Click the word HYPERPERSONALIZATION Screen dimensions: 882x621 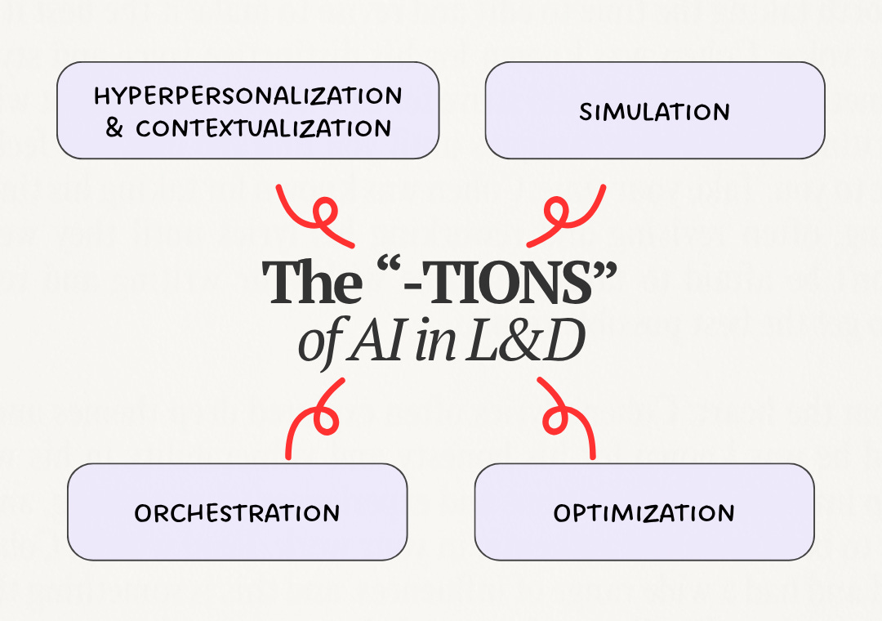point(248,96)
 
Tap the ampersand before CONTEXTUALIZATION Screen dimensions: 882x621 point(114,127)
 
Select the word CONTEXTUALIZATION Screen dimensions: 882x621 point(263,128)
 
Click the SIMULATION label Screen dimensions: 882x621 point(655,111)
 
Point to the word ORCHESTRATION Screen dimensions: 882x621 point(237,513)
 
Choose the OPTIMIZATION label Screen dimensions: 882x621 point(644,513)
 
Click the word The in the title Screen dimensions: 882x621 point(312,282)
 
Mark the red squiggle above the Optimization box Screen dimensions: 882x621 point(565,419)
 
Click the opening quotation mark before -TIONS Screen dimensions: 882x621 point(389,267)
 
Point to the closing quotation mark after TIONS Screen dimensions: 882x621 point(605,268)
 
